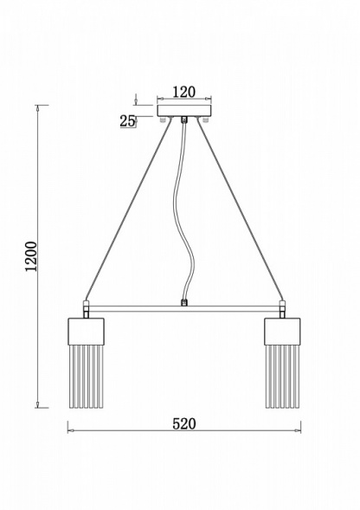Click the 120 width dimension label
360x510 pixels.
pyautogui.click(x=183, y=92)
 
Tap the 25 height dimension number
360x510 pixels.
pyautogui.click(x=127, y=121)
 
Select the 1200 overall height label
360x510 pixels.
pyautogui.click(x=31, y=256)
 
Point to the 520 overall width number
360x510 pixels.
pyautogui.click(x=184, y=423)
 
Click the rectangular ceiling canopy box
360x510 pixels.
pyautogui.click(x=184, y=111)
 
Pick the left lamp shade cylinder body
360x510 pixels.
pyautogui.click(x=86, y=332)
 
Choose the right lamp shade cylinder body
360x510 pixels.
pyautogui.click(x=282, y=332)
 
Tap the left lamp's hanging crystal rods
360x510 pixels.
pyautogui.click(x=87, y=377)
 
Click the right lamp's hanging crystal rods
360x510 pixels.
pyautogui.click(x=282, y=377)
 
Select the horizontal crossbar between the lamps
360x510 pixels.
pyautogui.click(x=184, y=308)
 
